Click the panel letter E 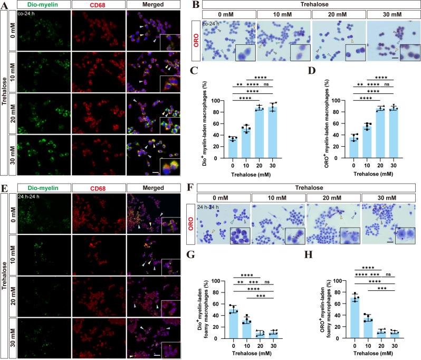(x=4, y=184)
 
